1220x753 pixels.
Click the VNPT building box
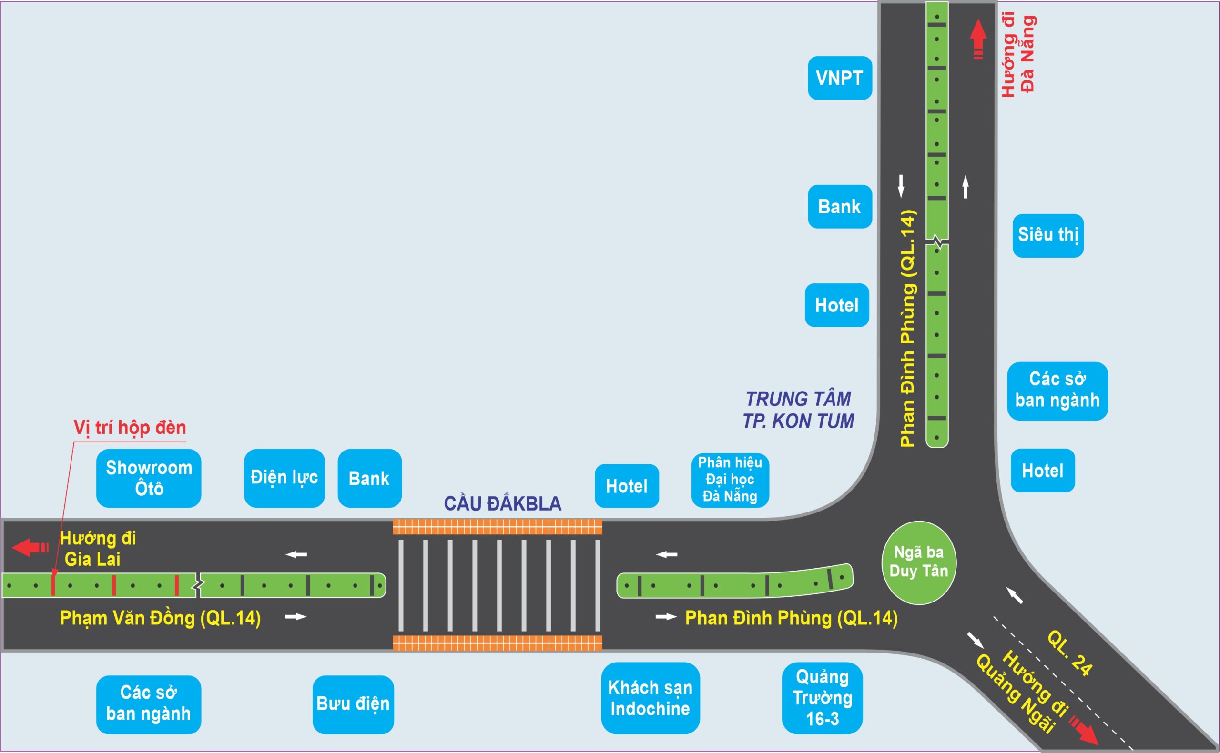[839, 78]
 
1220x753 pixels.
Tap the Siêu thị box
[1047, 236]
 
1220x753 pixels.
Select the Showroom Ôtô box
[149, 478]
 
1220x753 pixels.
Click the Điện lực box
[284, 478]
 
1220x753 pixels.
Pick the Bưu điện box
[353, 704]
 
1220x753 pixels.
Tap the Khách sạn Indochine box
[650, 698]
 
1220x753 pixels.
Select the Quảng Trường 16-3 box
[822, 698]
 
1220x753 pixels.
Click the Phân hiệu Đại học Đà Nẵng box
[730, 480]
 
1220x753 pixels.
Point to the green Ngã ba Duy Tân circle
[919, 562]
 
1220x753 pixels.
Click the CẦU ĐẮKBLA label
[502, 504]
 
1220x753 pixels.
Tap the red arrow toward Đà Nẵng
[978, 39]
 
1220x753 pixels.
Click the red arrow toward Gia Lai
[30, 547]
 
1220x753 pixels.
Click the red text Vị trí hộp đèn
[130, 428]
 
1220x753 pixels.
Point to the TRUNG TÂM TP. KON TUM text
[798, 410]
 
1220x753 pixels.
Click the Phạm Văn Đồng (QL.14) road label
[160, 618]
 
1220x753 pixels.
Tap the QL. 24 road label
[1069, 653]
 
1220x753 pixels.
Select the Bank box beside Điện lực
[369, 479]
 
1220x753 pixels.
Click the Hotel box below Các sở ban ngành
[1042, 471]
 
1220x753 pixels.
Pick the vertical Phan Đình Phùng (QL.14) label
[908, 329]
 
